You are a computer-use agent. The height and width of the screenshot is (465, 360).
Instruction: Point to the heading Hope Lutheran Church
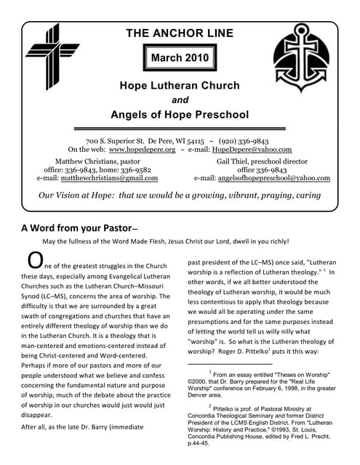[x=180, y=86]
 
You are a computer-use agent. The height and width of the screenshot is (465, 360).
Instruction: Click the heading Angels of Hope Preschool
[x=180, y=114]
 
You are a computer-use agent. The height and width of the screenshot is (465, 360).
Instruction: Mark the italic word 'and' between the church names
[x=179, y=100]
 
